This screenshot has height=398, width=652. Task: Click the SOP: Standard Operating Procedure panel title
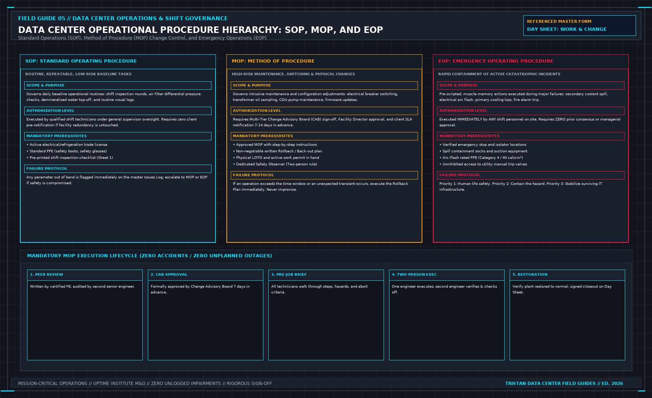point(81,61)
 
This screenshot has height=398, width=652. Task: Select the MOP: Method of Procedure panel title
point(273,61)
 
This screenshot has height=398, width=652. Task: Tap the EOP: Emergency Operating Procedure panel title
point(496,61)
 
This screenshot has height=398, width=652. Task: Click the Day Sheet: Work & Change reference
point(567,29)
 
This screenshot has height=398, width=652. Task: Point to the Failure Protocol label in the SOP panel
point(47,169)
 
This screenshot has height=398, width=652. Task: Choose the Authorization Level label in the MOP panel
point(257,111)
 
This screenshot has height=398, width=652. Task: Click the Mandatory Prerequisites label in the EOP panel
point(469,136)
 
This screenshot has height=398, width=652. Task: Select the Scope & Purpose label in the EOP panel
point(458,85)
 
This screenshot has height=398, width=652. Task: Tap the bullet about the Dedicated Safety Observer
point(275,164)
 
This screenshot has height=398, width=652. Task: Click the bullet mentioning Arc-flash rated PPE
point(481,158)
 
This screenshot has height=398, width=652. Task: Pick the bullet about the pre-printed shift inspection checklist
point(70,158)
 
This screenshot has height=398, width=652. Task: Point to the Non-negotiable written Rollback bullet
point(277,151)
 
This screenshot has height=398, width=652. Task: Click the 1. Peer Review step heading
point(46,275)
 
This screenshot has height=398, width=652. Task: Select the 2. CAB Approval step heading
point(169,275)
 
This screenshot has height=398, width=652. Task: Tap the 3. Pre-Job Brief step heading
point(289,275)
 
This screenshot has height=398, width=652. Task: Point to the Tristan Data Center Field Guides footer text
point(564,384)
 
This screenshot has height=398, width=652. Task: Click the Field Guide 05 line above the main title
point(123,18)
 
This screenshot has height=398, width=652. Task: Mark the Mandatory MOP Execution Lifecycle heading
point(150,256)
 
